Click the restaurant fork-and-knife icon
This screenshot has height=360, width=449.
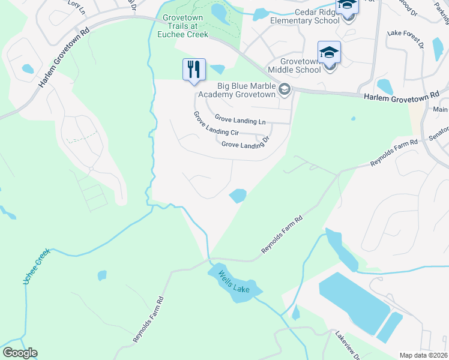194,69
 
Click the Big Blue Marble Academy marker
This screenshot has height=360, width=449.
285,91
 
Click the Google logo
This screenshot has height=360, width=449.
20,353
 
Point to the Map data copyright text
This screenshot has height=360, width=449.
423,355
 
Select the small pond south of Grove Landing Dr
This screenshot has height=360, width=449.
238,196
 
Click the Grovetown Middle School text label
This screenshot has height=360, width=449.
294,65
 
